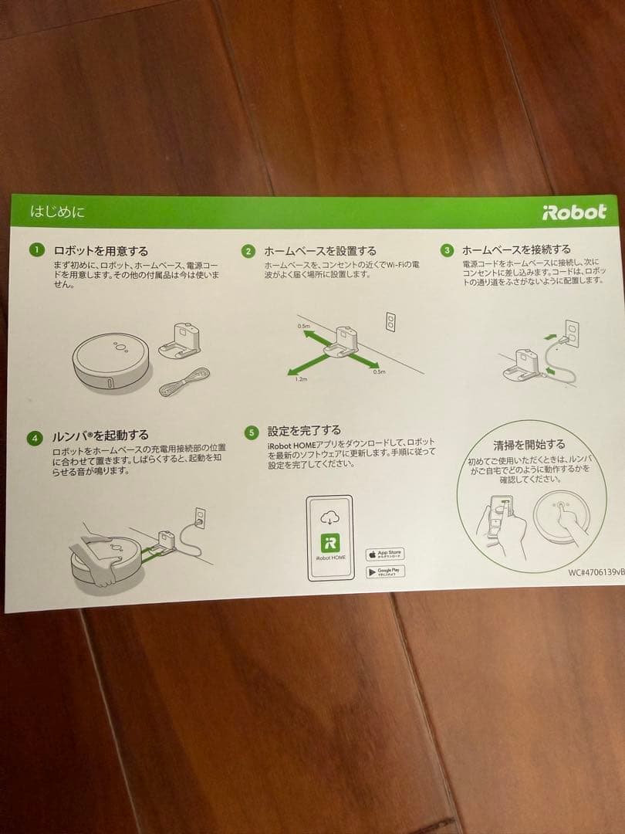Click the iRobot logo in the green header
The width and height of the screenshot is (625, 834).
574,212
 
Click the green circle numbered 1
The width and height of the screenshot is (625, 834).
35,250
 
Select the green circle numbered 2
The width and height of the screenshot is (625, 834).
248,251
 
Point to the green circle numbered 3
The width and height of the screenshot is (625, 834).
447,250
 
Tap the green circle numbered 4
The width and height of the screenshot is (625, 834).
34,438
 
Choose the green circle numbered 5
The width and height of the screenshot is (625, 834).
251,432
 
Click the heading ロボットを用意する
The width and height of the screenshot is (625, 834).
100,250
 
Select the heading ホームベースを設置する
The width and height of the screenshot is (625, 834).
320,251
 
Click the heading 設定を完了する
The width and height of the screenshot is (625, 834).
304,430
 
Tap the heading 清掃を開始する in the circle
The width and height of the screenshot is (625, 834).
529,445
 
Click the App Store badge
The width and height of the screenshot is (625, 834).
384,554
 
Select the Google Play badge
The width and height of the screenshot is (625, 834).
384,572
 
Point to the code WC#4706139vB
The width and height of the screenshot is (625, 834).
596,574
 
